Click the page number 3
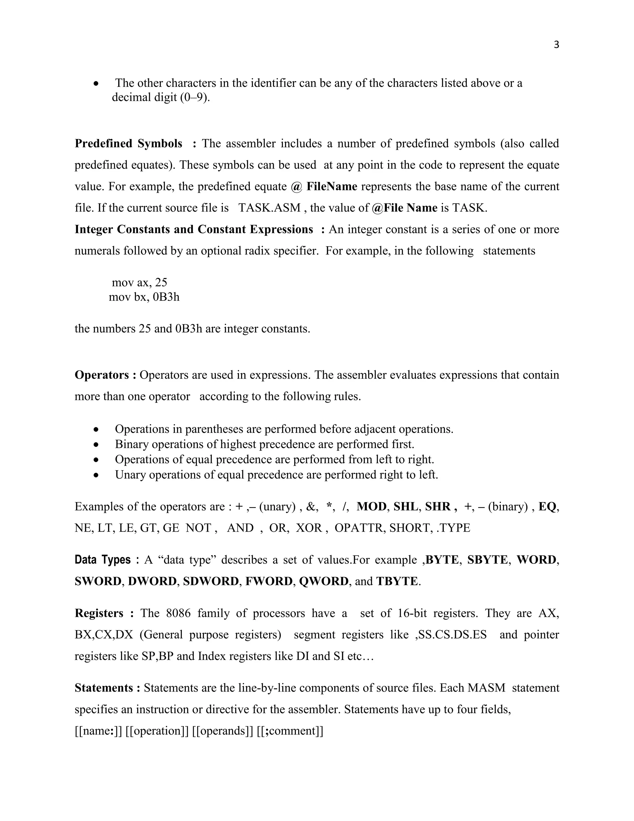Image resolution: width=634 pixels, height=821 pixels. [x=556, y=45]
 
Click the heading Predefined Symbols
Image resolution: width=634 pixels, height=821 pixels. [x=128, y=144]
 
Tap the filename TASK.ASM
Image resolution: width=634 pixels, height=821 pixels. [x=269, y=208]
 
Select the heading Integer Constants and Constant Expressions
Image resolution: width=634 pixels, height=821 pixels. [x=194, y=229]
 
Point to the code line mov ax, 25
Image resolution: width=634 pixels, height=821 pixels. [x=139, y=282]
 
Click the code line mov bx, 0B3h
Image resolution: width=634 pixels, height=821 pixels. [x=144, y=297]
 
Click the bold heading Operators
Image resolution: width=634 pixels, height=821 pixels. [x=102, y=375]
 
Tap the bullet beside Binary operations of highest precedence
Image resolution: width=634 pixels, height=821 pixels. [x=97, y=444]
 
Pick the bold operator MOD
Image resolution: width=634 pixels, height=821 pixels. [x=371, y=507]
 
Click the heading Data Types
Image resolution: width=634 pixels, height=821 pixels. [x=102, y=560]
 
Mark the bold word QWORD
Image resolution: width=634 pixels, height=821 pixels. [x=324, y=581]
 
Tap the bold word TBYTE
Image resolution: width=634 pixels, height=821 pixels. [x=397, y=581]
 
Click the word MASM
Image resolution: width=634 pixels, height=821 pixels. [x=486, y=687]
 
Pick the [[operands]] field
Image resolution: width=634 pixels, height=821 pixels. [x=222, y=731]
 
